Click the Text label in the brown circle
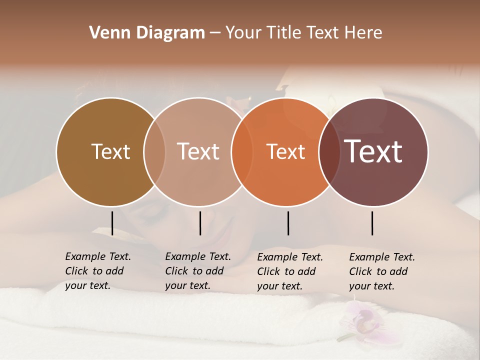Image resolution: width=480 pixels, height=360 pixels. pos(110,151)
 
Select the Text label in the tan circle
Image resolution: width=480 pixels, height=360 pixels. pos(198,151)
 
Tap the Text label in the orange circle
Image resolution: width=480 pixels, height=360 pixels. pos(285,151)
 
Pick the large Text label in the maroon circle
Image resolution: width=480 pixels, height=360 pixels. pos(373,151)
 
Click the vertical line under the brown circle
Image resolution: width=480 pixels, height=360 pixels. pos(112,223)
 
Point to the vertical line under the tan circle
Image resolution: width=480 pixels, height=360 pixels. pos(200,223)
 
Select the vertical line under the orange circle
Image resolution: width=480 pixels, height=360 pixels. pos(288,223)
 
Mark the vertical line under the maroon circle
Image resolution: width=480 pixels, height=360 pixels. pos(372,223)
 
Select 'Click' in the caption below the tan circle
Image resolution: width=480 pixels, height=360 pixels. pos(176,271)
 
